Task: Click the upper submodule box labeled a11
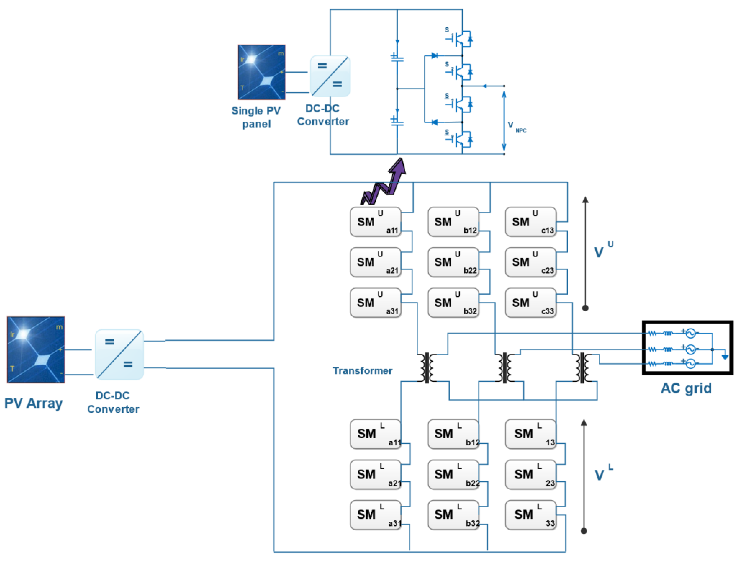[375, 222]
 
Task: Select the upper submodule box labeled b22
[453, 262]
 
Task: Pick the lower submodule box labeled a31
[375, 515]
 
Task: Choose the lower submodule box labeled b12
[453, 434]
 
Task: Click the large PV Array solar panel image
[35, 349]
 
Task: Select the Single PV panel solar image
[261, 72]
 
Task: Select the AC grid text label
[686, 388]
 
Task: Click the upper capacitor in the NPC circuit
[397, 58]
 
